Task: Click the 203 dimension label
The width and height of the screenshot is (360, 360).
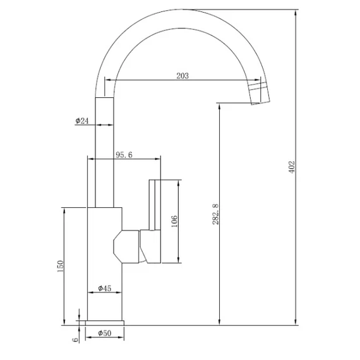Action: (183, 76)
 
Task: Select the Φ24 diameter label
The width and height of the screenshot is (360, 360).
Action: (82, 121)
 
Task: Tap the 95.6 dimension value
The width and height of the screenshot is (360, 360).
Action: (124, 155)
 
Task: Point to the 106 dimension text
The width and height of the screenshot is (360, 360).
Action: (174, 221)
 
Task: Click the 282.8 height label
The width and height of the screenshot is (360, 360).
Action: (215, 214)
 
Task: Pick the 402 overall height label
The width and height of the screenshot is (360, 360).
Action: (291, 167)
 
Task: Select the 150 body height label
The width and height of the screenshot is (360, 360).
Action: (60, 266)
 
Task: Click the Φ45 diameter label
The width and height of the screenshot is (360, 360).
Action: (104, 288)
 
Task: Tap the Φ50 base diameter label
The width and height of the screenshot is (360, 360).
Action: (104, 333)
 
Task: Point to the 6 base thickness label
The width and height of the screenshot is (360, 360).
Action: (75, 339)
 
